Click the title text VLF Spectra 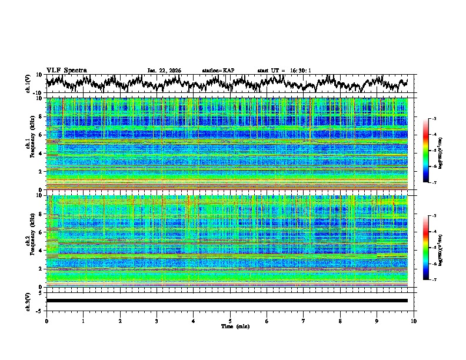pyautogui.click(x=66, y=70)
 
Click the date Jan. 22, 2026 pyautogui.click(x=164, y=71)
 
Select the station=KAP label pyautogui.click(x=218, y=71)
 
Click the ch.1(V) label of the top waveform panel pyautogui.click(x=28, y=84)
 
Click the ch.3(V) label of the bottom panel pyautogui.click(x=28, y=301)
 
